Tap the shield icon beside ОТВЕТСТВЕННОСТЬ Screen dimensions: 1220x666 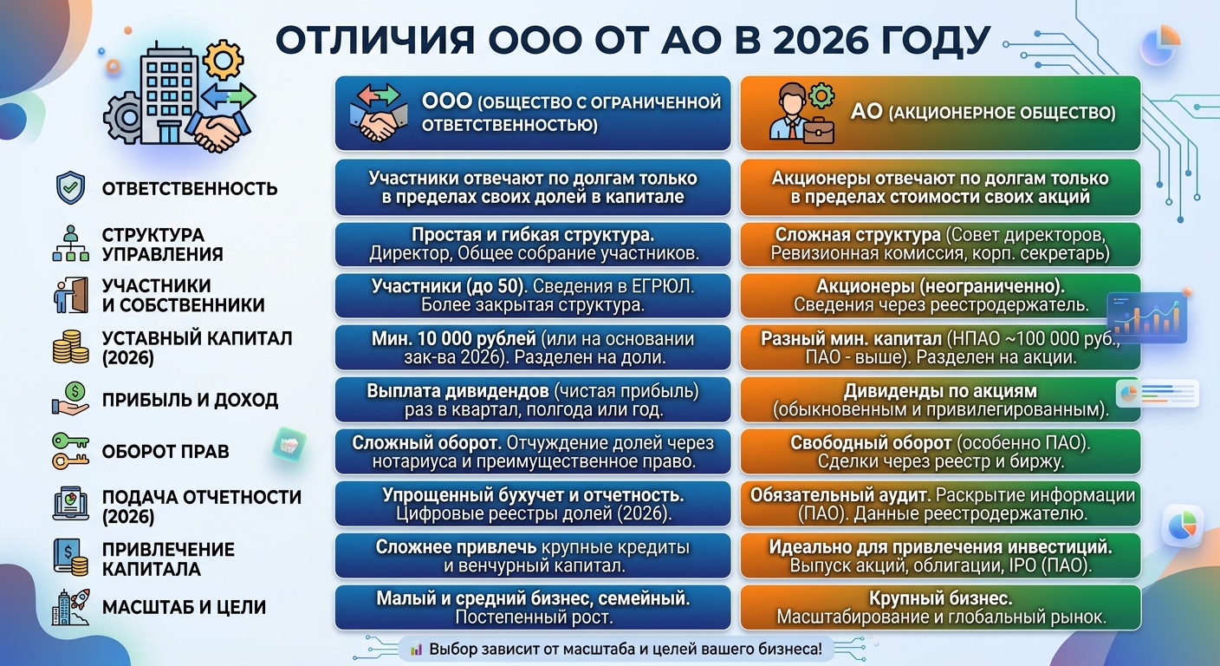[71, 188]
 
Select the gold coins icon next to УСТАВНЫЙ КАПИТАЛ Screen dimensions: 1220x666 [70, 347]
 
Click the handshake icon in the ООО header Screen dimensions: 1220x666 [378, 112]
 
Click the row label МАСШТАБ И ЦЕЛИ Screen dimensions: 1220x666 [184, 607]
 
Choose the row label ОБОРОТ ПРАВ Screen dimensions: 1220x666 [165, 451]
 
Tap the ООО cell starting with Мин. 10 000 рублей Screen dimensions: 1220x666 [533, 348]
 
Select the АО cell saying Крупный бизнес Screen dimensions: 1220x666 [940, 608]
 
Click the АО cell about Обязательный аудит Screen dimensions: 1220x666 [940, 504]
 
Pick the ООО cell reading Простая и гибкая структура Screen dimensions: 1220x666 [533, 244]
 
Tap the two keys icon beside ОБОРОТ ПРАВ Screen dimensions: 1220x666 [71, 451]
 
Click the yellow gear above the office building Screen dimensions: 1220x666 [224, 59]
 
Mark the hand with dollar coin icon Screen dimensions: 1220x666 [71, 399]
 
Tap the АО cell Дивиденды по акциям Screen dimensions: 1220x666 [940, 400]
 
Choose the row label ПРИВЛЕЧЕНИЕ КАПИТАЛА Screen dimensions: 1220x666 [168, 559]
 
